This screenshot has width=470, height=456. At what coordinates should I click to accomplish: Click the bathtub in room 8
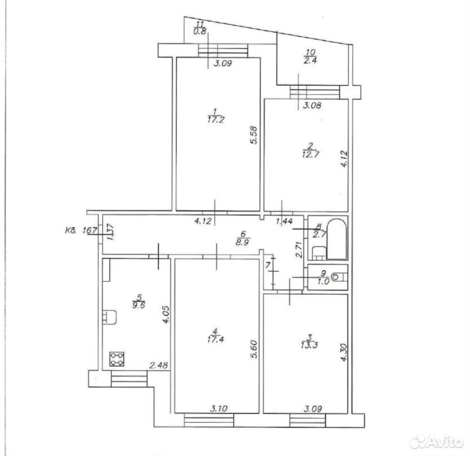point(337,239)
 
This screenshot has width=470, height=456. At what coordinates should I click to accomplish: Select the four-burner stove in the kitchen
point(117,359)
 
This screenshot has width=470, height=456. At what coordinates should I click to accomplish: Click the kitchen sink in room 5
point(109,318)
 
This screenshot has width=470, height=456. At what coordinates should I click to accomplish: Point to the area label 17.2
point(216,120)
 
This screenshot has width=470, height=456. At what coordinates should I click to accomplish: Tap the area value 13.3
point(309,345)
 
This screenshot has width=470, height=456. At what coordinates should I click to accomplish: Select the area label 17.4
point(215,339)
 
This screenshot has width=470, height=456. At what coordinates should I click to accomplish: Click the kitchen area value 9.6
point(138,305)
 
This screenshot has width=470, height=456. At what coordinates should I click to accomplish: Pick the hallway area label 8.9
point(242,242)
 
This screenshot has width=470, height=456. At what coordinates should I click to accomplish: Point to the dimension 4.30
point(344,352)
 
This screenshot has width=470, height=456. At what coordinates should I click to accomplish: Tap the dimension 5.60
point(254,349)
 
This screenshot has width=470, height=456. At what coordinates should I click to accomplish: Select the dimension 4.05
point(166,314)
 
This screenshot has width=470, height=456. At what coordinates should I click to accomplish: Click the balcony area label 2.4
point(310,60)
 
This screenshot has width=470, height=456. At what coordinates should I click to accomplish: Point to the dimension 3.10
point(219,408)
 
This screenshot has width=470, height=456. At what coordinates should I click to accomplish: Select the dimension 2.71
point(298,251)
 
